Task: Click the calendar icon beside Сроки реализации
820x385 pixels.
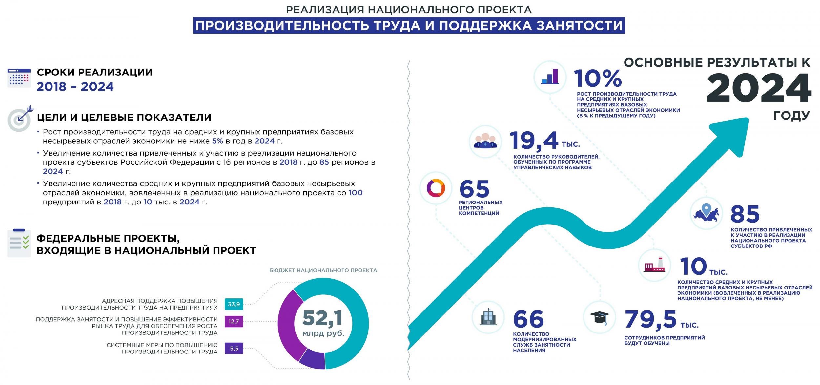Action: tap(19, 78)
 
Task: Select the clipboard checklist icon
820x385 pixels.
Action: tap(18, 243)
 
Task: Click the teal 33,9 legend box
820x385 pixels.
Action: tap(234, 304)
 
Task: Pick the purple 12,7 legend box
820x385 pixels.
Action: tap(234, 321)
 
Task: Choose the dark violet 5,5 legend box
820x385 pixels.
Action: tap(234, 348)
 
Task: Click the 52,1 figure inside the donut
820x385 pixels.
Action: tap(323, 318)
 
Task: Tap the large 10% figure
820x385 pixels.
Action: tap(598, 78)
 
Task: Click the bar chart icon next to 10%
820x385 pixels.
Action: tap(550, 76)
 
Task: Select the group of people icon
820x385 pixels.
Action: tap(485, 141)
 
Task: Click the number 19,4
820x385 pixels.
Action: tap(534, 140)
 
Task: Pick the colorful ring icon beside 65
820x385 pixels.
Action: tap(436, 188)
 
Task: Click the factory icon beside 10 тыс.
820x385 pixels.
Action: tap(655, 265)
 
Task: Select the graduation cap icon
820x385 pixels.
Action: tap(600, 317)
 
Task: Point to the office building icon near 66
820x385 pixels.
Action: tap(488, 317)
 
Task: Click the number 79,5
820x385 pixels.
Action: tap(650, 319)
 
